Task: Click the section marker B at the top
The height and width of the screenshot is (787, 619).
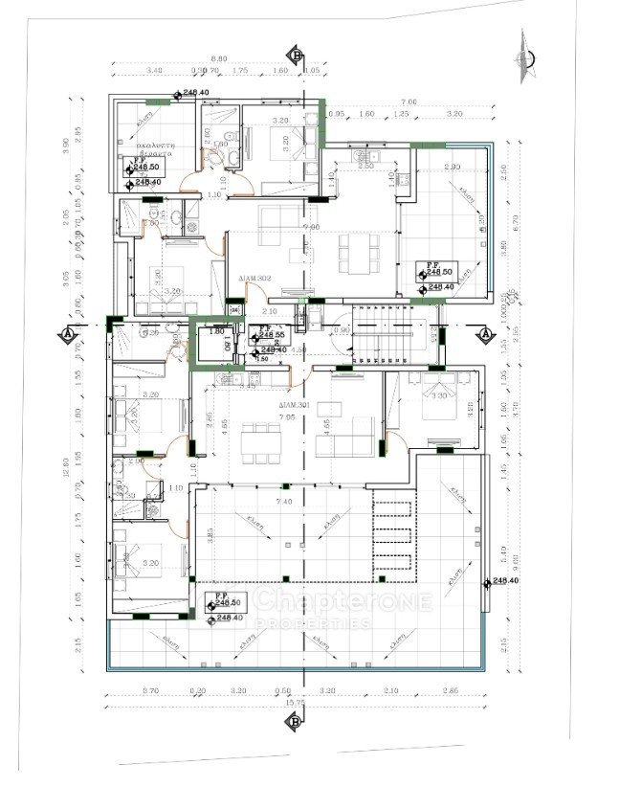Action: coord(298,56)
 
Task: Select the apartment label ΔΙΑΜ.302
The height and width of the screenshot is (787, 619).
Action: coord(256,279)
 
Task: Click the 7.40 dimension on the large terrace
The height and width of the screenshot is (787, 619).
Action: coord(283,501)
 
